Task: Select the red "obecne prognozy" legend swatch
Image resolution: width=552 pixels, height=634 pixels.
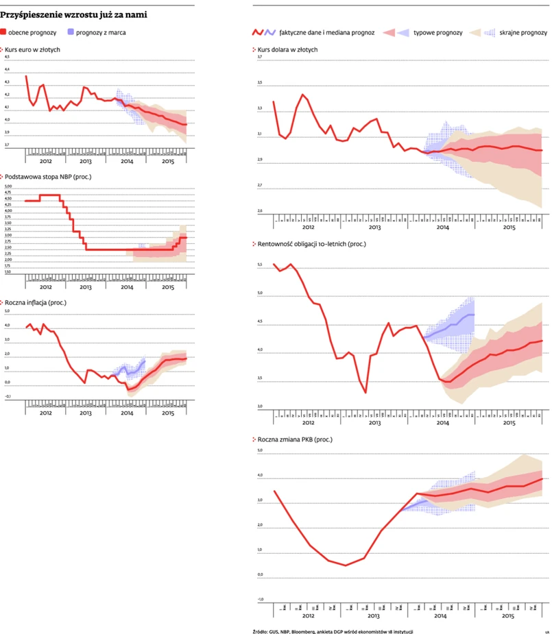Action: pos(4,32)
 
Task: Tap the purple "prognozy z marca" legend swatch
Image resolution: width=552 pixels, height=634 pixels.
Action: pos(71,32)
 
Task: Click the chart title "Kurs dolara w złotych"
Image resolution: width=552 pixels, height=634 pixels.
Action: pos(287,49)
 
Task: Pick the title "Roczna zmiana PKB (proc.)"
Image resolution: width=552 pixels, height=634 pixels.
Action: pos(293,439)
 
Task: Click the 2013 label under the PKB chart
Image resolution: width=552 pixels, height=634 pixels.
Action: pos(374,616)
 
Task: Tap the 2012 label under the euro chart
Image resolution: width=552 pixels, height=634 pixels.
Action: pos(45,160)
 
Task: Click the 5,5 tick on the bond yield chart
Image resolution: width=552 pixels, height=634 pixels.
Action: pos(260,265)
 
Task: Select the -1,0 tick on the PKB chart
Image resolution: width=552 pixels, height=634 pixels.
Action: pos(260,599)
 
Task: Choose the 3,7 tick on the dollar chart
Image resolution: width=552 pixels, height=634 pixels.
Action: pos(260,57)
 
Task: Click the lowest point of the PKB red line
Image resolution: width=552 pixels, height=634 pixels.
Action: pos(346,565)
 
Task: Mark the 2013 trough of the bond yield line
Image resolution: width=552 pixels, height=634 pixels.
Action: pos(365,393)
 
